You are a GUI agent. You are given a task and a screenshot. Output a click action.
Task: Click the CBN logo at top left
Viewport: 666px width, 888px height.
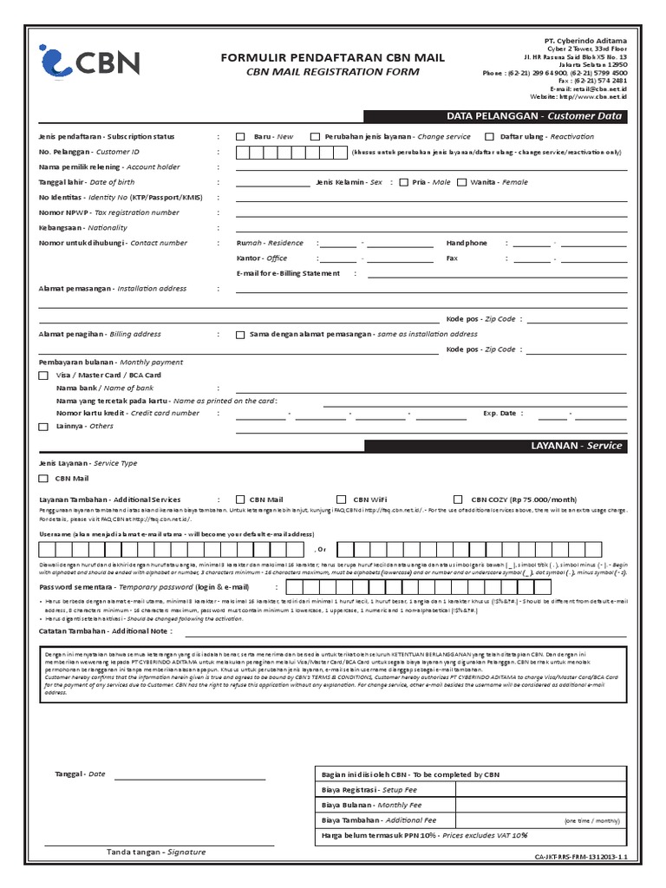click(x=89, y=63)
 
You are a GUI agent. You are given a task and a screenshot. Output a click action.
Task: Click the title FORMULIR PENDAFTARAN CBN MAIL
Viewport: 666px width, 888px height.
click(x=333, y=57)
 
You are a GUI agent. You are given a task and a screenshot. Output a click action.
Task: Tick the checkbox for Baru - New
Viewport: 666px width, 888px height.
click(x=241, y=137)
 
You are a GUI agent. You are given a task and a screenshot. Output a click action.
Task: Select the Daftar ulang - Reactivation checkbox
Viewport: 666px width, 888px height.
click(x=489, y=137)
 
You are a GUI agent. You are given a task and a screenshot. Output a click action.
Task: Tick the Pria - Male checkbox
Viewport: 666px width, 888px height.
click(x=404, y=182)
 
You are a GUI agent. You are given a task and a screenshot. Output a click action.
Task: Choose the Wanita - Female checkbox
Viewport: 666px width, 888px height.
click(x=461, y=182)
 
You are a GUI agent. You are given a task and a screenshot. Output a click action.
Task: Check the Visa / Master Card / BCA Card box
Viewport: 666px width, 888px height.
click(x=43, y=375)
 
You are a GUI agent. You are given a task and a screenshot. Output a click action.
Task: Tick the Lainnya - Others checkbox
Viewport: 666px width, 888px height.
click(x=43, y=427)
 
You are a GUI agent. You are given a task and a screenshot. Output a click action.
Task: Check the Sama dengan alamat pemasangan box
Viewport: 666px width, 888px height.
click(x=240, y=334)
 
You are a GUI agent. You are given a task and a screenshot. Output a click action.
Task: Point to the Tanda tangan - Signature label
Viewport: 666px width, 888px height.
click(x=156, y=852)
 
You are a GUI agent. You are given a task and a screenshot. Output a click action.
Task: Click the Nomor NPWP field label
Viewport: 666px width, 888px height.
click(x=109, y=212)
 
